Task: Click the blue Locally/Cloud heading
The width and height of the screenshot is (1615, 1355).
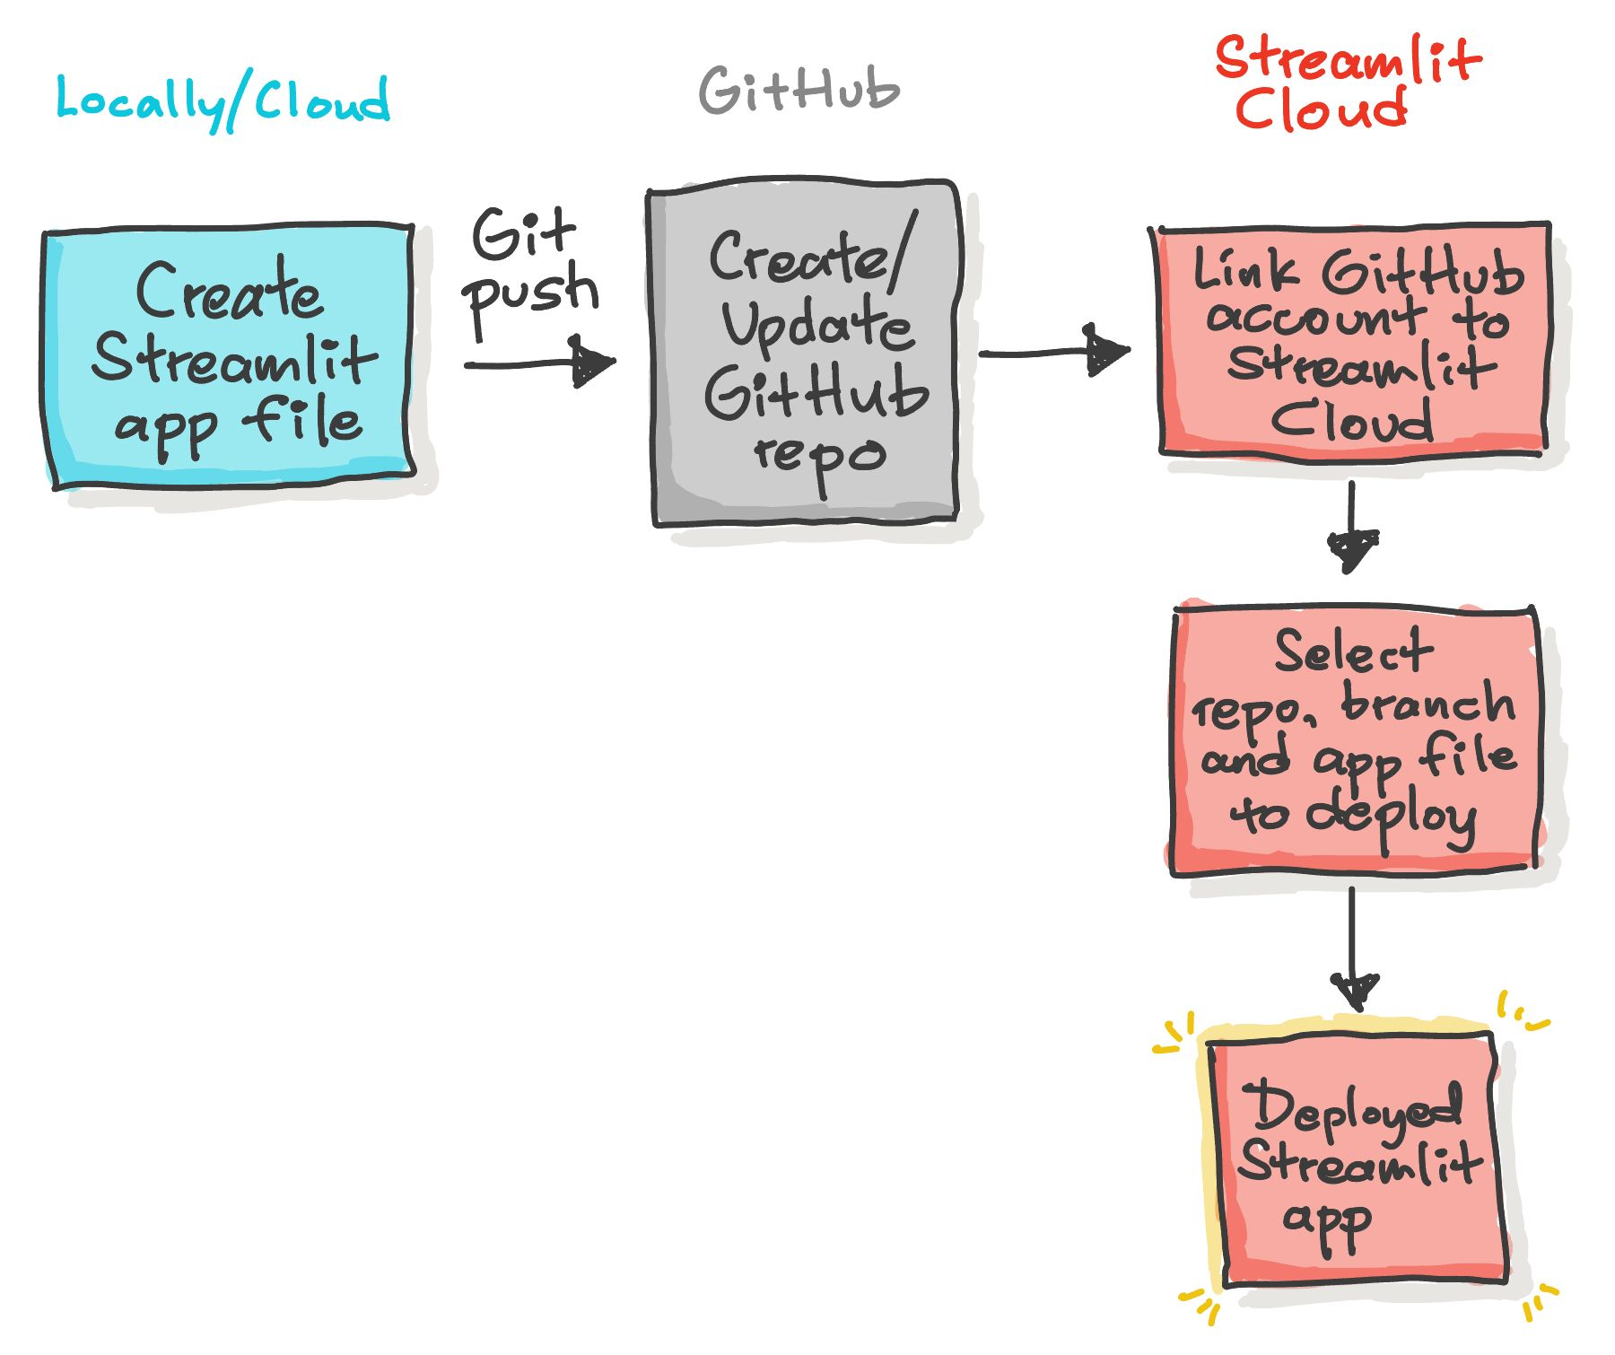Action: (x=223, y=101)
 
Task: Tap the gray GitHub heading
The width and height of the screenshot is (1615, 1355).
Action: (x=799, y=91)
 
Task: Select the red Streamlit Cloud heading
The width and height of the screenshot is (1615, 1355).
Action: (x=1346, y=83)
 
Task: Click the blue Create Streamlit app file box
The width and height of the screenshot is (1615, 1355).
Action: (x=229, y=357)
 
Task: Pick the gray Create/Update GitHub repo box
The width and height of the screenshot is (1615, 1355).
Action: (x=806, y=354)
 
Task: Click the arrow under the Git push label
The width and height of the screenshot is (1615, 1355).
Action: (x=538, y=364)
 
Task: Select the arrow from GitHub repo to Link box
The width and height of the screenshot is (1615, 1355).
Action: (x=1053, y=353)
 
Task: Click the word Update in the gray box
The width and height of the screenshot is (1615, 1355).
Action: (x=816, y=325)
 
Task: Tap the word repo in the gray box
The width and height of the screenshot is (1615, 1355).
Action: (x=818, y=456)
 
